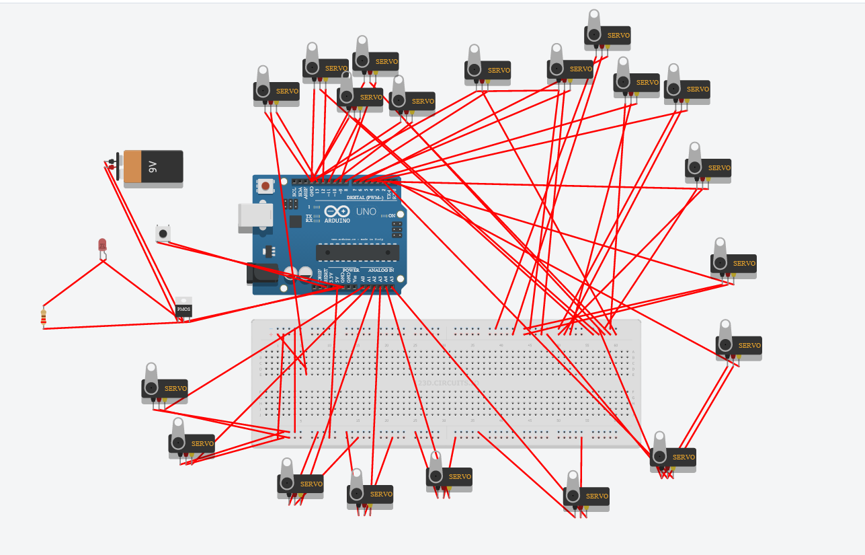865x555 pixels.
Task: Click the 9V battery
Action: click(x=153, y=167)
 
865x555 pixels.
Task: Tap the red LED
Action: click(x=102, y=245)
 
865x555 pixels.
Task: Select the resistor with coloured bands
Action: click(x=44, y=316)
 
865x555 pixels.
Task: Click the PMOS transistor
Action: click(x=183, y=309)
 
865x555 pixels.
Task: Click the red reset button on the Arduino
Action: click(x=266, y=186)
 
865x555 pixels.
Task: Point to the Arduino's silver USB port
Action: click(x=255, y=218)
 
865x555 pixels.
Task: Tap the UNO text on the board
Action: click(x=366, y=211)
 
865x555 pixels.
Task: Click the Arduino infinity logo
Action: click(x=337, y=211)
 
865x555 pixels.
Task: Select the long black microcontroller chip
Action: click(x=358, y=252)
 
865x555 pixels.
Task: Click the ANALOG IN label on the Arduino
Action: click(x=381, y=270)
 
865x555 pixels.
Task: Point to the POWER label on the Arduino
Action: click(x=351, y=270)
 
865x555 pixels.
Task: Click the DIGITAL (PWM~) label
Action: click(x=365, y=198)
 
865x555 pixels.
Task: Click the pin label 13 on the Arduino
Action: click(x=317, y=191)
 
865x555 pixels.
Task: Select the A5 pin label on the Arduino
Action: click(x=391, y=278)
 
